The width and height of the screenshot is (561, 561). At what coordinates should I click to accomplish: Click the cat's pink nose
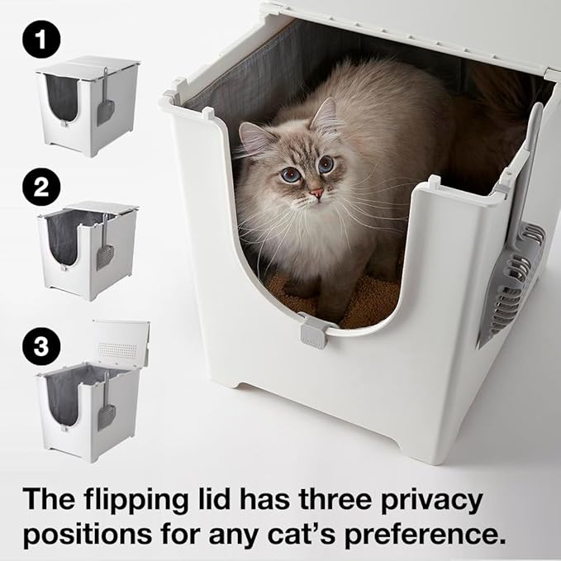(316, 193)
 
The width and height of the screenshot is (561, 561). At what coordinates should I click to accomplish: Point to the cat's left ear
(257, 137)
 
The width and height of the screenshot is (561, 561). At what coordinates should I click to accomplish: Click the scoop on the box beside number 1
(107, 102)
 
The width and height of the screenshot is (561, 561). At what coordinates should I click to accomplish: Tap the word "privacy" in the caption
(449, 500)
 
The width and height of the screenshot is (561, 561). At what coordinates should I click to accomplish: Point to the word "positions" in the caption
(92, 535)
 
